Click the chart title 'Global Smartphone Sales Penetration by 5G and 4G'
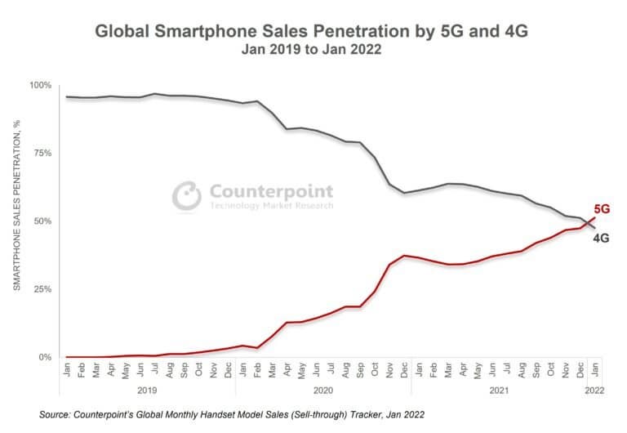pyautogui.click(x=313, y=32)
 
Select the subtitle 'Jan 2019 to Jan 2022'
pyautogui.click(x=313, y=49)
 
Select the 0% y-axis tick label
pyautogui.click(x=43, y=357)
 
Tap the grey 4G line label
pyautogui.click(x=601, y=239)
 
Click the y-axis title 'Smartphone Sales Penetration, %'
pyautogui.click(x=16, y=204)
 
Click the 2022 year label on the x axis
pyautogui.click(x=594, y=391)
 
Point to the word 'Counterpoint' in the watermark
pyautogui.click(x=272, y=192)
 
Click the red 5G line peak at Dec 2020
pyautogui.click(x=405, y=256)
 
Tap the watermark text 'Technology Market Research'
pyautogui.click(x=272, y=207)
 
